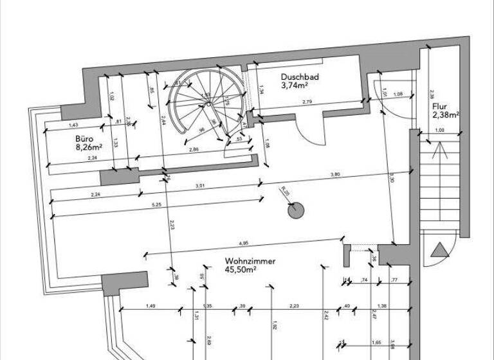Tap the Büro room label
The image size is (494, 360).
(x=85, y=138)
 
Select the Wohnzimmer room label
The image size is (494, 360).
(x=250, y=262)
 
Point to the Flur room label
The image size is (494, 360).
(x=440, y=107)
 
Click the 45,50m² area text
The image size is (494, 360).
(x=241, y=271)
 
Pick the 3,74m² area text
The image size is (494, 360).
(x=294, y=85)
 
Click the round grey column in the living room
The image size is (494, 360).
(x=295, y=210)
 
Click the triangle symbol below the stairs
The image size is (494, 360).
(x=441, y=251)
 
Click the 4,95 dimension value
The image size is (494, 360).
(x=243, y=243)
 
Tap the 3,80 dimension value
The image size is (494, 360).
(x=335, y=174)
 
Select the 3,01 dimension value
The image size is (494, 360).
(x=199, y=186)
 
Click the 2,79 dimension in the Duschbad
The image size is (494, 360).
(x=307, y=102)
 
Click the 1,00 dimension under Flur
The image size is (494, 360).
(x=439, y=130)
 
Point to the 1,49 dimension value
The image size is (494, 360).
(x=151, y=305)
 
